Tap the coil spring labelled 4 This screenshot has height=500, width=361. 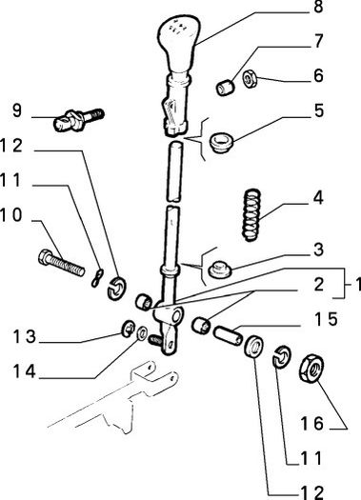pos(251,215)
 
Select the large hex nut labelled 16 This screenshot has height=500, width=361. pos(311,369)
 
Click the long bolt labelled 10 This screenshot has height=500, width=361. pos(62,263)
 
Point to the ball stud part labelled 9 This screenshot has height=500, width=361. pos(78,120)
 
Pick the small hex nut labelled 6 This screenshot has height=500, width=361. pos(250,79)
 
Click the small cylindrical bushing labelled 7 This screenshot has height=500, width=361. pos(226,88)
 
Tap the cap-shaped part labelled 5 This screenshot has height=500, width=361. pos(222,143)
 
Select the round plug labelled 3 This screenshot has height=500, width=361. pos(220,270)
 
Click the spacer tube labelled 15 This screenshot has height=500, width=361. pos(228,336)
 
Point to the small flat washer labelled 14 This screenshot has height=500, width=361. pos(142,333)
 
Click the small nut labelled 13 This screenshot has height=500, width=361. pos(129,329)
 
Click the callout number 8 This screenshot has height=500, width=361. pos(318,7)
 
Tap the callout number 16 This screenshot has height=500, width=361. pos(312,423)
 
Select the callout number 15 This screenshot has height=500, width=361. pos(326,319)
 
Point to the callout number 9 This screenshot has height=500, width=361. pos(17,110)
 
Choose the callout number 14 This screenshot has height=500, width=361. pos(24,371)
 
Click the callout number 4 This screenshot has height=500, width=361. pos(318,198)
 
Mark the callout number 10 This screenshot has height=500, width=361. pos(11,215)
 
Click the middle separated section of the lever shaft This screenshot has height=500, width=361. pos(175,171)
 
